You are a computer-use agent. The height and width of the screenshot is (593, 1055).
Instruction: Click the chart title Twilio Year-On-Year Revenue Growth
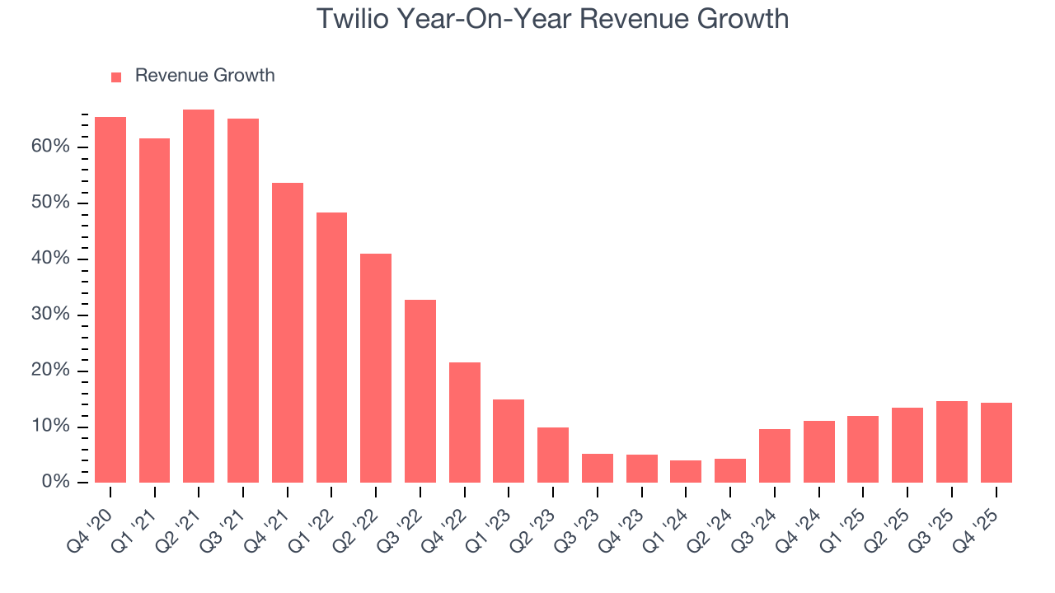tap(552, 19)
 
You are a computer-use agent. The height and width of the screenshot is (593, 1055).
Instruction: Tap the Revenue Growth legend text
tap(204, 76)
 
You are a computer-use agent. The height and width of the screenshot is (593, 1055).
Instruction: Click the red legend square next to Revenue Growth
tap(116, 77)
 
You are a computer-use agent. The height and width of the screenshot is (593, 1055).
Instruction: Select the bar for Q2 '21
tap(199, 296)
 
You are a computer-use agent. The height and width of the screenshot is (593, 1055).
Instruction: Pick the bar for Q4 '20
tap(110, 300)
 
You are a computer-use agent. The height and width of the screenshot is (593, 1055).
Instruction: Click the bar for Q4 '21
tap(288, 333)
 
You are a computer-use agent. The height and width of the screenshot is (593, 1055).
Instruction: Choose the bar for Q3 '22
tap(420, 391)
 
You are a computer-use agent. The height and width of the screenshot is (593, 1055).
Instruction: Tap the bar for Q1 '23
tap(509, 441)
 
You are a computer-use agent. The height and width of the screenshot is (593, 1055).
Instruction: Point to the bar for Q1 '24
tap(686, 471)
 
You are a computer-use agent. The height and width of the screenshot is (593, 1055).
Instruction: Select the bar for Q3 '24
tap(775, 455)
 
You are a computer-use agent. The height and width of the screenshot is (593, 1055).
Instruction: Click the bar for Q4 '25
tap(996, 442)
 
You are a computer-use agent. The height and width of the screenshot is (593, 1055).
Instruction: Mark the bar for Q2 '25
tap(907, 445)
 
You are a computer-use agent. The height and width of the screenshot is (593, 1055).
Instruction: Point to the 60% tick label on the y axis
tap(52, 147)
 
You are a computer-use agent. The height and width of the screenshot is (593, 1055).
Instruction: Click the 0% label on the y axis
tap(57, 483)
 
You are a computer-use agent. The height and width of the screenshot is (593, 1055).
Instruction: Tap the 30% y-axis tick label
tap(52, 315)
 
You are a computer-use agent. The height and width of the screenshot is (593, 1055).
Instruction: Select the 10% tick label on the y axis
tap(52, 427)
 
